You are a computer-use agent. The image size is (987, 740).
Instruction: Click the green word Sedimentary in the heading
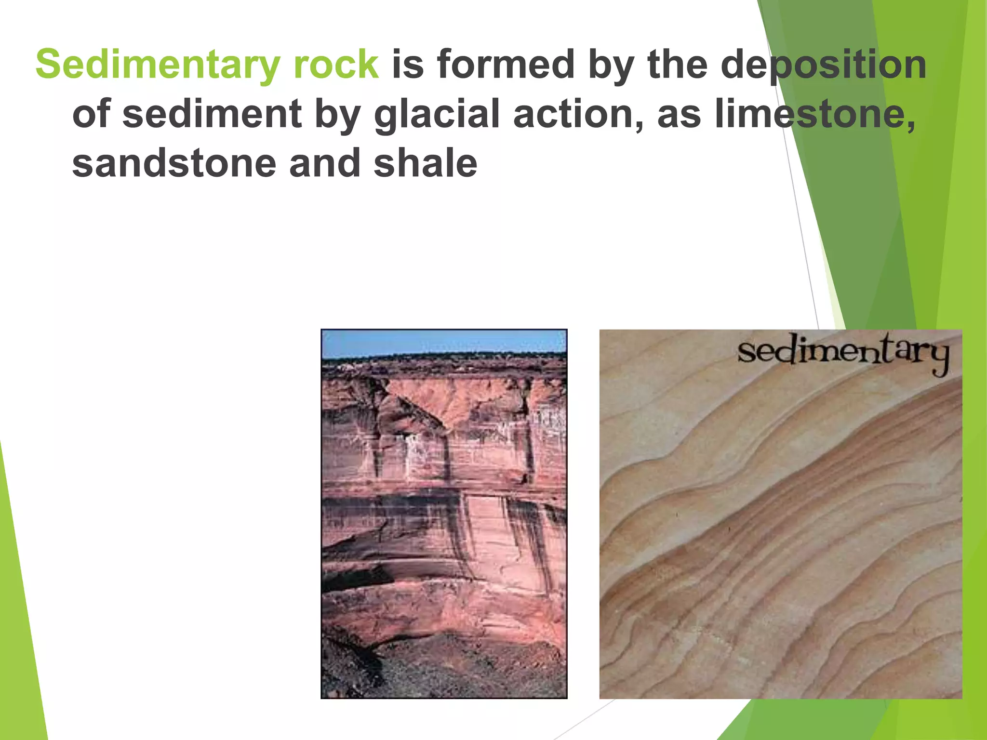[x=158, y=65]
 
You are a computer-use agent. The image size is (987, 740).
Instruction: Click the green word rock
[x=336, y=65]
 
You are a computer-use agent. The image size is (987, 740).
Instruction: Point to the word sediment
[x=212, y=114]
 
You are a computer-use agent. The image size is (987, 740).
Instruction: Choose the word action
[x=577, y=114]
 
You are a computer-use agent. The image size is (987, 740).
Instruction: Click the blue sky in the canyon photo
[x=443, y=343]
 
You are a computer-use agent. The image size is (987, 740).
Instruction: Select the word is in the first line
[x=408, y=65]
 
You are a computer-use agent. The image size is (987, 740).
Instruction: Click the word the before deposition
[x=678, y=65]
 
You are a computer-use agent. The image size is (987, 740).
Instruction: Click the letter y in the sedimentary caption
[x=938, y=359]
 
